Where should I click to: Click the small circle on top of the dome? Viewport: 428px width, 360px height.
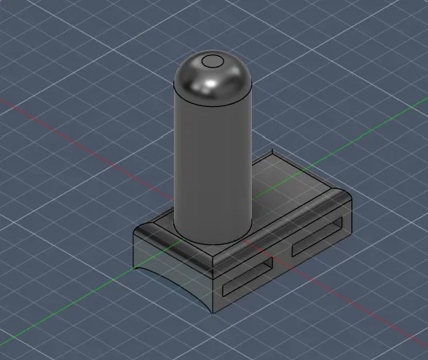[x=213, y=61]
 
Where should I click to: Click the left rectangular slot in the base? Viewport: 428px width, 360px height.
[x=247, y=275]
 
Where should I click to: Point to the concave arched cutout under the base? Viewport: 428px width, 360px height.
[x=170, y=274]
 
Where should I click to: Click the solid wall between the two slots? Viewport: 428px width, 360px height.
[x=282, y=256]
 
